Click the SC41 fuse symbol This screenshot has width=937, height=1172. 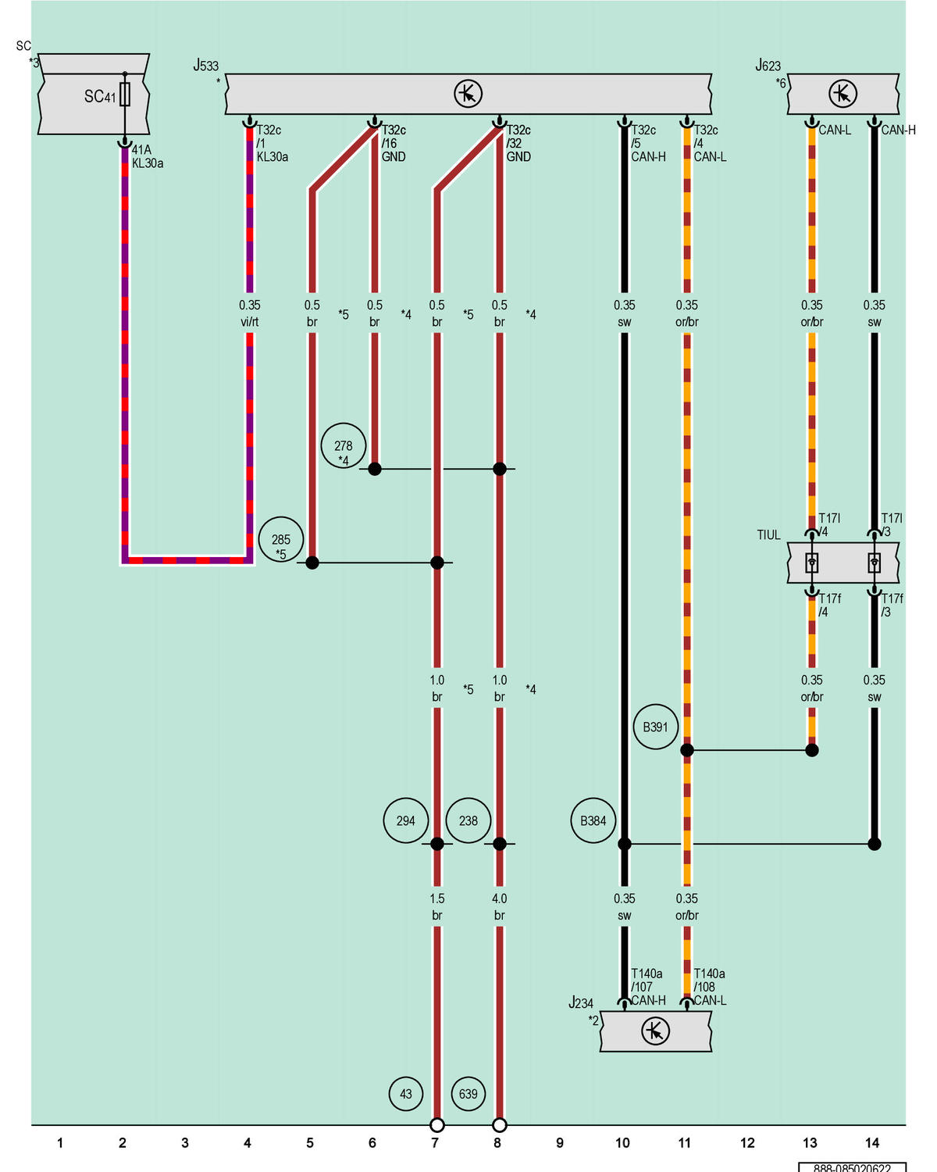[x=125, y=95]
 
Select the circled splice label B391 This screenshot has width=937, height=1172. [x=655, y=727]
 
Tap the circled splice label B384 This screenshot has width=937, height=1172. [x=593, y=820]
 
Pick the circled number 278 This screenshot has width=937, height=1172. [x=343, y=445]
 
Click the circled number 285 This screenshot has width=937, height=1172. [x=281, y=539]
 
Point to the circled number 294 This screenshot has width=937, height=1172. [x=405, y=820]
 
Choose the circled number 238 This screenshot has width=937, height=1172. [x=468, y=820]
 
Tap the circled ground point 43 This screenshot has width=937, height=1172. [x=405, y=1094]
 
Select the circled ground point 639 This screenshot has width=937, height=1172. [x=468, y=1094]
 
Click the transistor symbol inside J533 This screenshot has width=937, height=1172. [x=468, y=94]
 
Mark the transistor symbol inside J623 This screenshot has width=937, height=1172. [x=843, y=94]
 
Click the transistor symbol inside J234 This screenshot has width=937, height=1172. [x=655, y=1031]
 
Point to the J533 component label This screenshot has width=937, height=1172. [x=206, y=66]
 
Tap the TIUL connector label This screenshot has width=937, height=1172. [x=768, y=534]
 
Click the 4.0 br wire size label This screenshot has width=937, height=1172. [x=499, y=907]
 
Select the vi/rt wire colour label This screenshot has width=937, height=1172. [x=249, y=322]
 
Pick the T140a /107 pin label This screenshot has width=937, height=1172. [x=647, y=980]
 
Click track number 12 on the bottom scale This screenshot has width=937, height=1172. [x=747, y=1143]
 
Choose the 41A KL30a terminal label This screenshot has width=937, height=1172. [x=148, y=156]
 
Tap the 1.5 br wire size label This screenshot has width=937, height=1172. [x=436, y=907]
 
